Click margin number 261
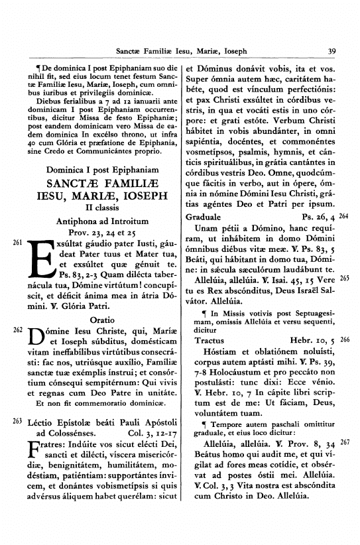pos(17,243)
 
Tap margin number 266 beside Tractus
pos(344,339)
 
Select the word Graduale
pos(204,217)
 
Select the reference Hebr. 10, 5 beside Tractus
pos(312,340)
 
